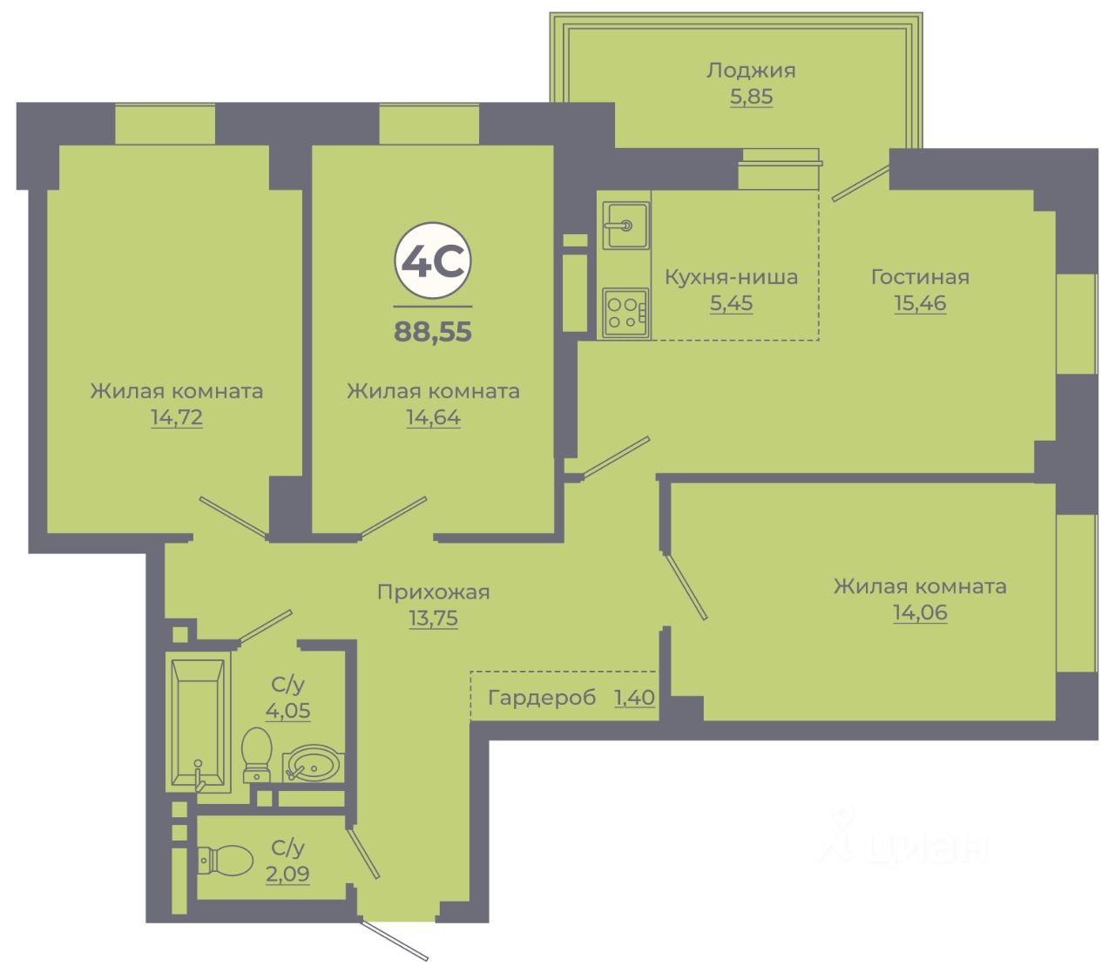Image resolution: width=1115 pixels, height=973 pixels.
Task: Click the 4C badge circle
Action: [x=433, y=261]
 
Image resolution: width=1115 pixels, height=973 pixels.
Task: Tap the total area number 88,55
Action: [x=433, y=332]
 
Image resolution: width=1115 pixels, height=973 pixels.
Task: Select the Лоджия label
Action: [x=751, y=71]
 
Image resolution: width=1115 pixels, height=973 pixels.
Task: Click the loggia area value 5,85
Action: [x=751, y=97]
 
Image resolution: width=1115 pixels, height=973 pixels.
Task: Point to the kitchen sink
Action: [x=625, y=225]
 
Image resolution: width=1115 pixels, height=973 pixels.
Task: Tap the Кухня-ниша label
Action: [x=731, y=278]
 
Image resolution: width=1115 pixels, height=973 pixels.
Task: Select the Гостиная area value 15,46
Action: [x=920, y=304]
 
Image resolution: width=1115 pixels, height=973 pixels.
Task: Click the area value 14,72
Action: [x=176, y=418]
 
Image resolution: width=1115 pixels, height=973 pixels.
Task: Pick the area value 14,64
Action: [x=433, y=418]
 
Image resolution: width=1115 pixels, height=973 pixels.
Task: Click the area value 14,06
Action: [x=920, y=613]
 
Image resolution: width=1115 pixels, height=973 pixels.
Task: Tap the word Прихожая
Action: [x=433, y=592]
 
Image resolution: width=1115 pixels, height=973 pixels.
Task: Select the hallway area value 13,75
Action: [x=433, y=619]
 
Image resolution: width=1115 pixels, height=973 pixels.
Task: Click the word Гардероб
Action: [x=542, y=698]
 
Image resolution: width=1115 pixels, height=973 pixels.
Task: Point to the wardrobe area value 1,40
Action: [x=634, y=698]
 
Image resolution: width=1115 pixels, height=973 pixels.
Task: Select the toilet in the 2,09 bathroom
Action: [x=225, y=861]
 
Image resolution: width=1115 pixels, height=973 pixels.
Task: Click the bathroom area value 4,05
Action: [x=287, y=711]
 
